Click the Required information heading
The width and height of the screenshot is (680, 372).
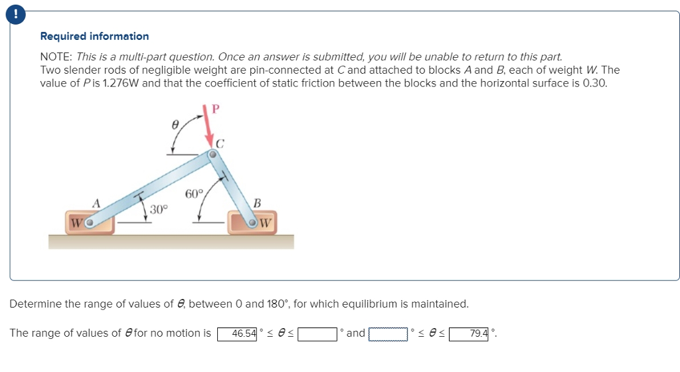click(94, 37)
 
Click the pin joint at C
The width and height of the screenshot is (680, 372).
click(212, 155)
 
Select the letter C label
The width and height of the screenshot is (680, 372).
click(220, 142)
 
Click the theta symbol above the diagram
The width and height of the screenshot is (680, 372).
click(175, 124)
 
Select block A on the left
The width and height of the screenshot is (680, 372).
click(90, 223)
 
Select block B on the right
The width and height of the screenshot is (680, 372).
click(252, 223)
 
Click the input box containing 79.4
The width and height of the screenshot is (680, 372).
click(469, 333)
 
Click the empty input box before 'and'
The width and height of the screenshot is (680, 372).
click(317, 333)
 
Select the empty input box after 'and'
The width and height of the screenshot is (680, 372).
click(388, 333)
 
